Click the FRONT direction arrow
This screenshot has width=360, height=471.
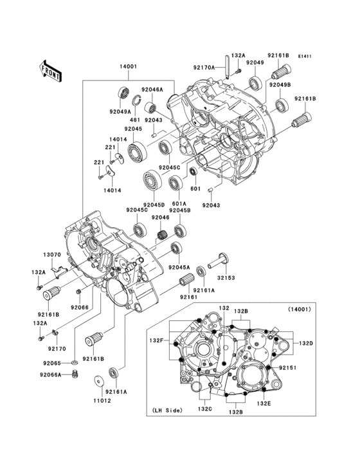coord(50,70)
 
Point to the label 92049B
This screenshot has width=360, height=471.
coord(280,85)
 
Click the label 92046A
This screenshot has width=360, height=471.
coord(152,89)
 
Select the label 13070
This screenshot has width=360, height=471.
coord(51,255)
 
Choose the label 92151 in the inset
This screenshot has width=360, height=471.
coord(287,367)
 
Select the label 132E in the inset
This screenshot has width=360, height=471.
coord(264,403)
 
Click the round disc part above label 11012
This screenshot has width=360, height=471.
coord(100,380)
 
